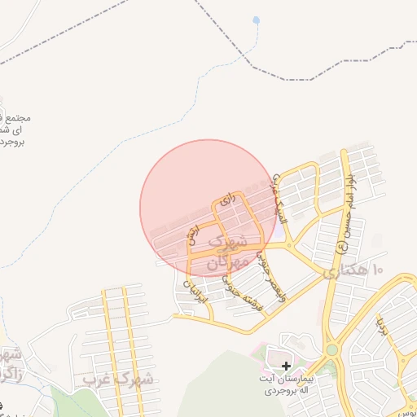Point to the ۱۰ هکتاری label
click(353, 270)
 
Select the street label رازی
click(228, 198)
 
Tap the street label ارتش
click(193, 234)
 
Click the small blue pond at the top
click(257, 20)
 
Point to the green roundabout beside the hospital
click(332, 350)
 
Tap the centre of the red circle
click(208, 207)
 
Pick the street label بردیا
click(381, 326)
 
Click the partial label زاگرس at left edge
click(10, 364)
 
